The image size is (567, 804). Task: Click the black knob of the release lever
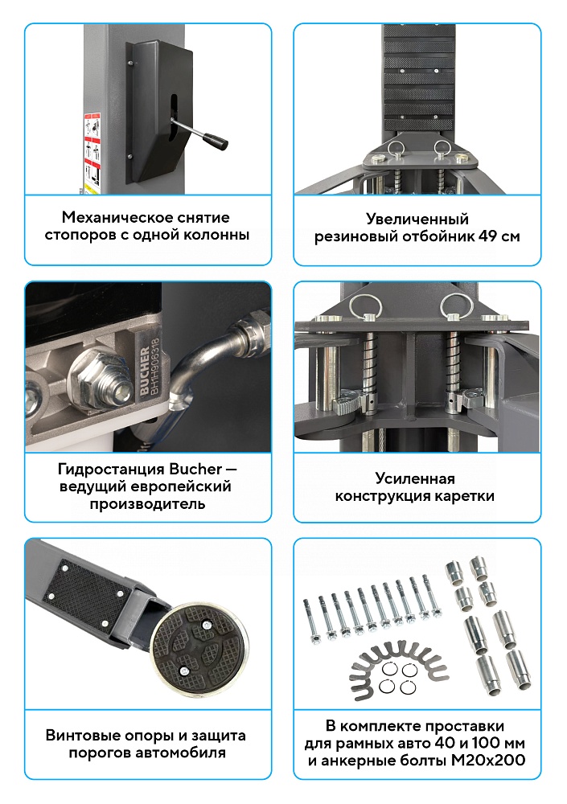click(x=216, y=141)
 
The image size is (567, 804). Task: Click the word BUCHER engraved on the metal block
click(x=144, y=371)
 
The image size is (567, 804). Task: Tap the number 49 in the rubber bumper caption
click(x=487, y=237)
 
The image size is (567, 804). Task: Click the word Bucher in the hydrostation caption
click(x=195, y=469)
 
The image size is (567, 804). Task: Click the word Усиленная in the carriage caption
click(x=415, y=478)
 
